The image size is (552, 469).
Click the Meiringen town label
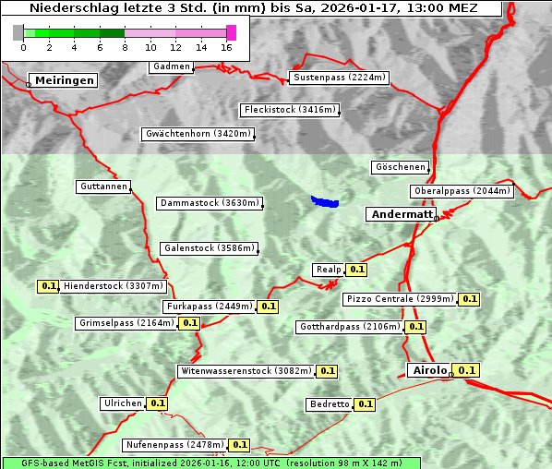[65, 80]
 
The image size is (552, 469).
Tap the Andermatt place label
[402, 214]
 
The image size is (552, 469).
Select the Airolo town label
[429, 370]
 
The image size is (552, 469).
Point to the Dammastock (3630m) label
[210, 203]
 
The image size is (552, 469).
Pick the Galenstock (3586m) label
[208, 248]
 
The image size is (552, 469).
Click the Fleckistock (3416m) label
[288, 111]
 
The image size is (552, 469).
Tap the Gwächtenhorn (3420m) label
[198, 134]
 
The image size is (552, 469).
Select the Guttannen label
[103, 186]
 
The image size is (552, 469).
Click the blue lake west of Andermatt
[324, 201]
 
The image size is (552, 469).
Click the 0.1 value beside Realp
[357, 270]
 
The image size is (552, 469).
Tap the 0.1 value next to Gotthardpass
[415, 327]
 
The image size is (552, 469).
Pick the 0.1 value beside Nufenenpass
[239, 445]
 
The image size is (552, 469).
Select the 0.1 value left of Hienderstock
[49, 286]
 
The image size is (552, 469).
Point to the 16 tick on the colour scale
[227, 47]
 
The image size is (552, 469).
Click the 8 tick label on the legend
[125, 47]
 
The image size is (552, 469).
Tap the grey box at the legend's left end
[18, 32]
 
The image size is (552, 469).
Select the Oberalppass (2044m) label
[461, 191]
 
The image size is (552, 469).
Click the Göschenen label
[400, 167]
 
